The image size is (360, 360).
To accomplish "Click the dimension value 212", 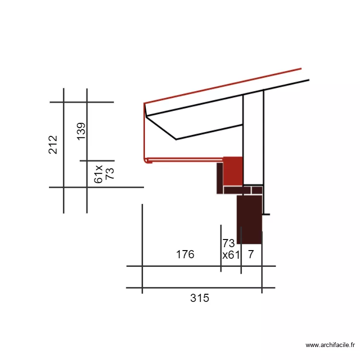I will [x=53, y=144].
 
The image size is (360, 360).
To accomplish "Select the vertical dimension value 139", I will [x=81, y=131].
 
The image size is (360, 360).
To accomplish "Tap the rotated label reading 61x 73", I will [x=104, y=173].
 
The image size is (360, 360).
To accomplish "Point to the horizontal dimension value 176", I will [x=185, y=254].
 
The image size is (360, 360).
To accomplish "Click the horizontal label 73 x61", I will [x=230, y=249].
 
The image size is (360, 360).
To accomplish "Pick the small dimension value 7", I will [x=251, y=254].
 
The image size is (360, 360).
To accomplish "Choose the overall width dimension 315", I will [x=200, y=298].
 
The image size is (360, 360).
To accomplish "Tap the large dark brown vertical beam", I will [x=249, y=218].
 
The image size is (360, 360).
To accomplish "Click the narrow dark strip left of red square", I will [x=220, y=178].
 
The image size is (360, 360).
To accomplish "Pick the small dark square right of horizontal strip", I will [x=257, y=190].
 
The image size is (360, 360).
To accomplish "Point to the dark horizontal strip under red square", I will [x=237, y=190].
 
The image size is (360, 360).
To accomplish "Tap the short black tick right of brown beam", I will [x=266, y=214].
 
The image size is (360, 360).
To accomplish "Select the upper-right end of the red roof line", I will [x=300, y=69].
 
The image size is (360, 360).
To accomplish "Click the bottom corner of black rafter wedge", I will [x=176, y=139].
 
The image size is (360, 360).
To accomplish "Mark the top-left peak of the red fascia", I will [x=144, y=103].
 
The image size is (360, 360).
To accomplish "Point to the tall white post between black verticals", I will [x=253, y=137].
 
